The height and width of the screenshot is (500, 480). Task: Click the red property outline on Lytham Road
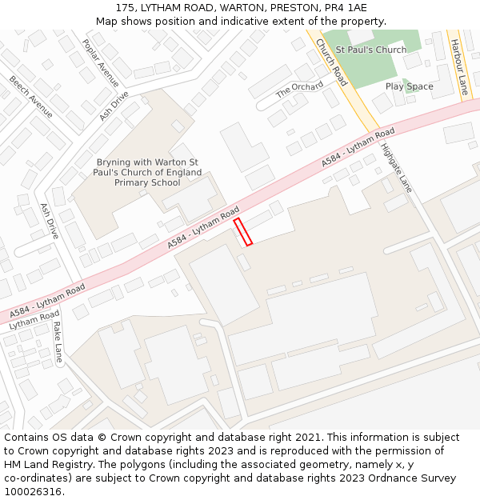[243, 231]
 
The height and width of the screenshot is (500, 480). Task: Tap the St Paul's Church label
[370, 50]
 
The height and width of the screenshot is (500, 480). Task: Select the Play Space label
[409, 86]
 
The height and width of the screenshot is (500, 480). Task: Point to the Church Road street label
[331, 62]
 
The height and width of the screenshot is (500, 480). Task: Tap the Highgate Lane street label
[396, 168]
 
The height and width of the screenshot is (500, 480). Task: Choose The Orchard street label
[299, 90]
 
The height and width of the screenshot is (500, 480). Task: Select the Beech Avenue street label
[31, 97]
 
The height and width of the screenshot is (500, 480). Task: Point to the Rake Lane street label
[58, 342]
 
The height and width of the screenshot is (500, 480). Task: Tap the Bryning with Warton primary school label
[147, 172]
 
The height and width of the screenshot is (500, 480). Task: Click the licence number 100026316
[34, 492]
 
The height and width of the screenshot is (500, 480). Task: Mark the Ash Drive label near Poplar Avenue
[114, 106]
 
